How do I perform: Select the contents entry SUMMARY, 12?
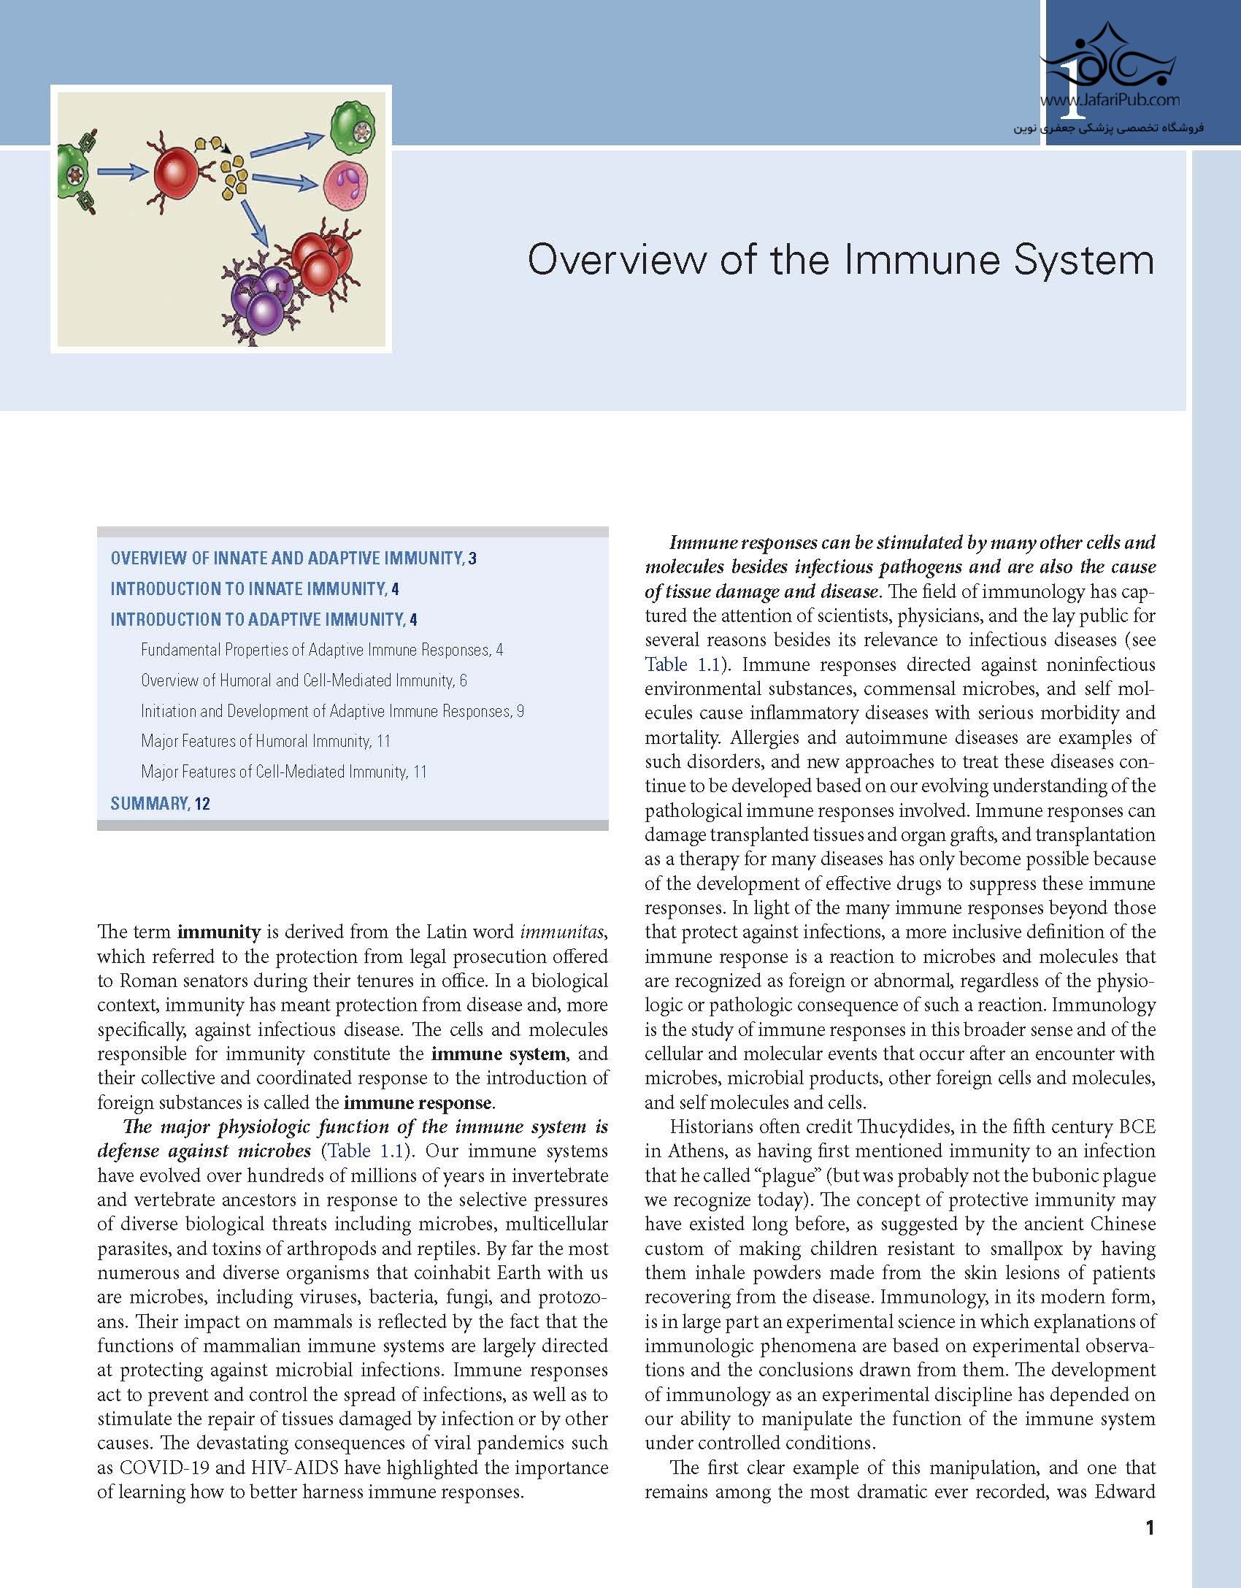tap(160, 804)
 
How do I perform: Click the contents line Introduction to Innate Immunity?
tap(254, 589)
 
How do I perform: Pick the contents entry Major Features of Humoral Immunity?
tap(265, 742)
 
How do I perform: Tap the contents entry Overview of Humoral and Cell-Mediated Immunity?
tap(304, 681)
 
